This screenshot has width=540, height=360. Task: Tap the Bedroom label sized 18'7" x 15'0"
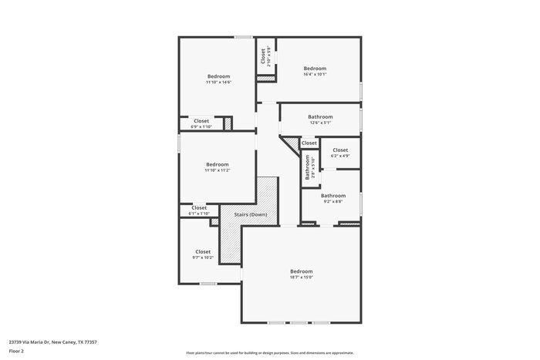[x=301, y=271]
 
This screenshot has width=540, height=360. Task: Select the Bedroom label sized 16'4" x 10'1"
[x=315, y=68]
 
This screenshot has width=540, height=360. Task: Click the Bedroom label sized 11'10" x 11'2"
[x=217, y=163]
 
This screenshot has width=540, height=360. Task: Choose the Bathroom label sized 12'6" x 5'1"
[x=320, y=116]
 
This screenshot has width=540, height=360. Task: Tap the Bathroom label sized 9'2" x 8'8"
[x=333, y=196]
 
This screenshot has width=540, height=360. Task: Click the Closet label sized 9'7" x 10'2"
[x=203, y=251]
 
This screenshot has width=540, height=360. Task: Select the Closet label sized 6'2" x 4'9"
[x=340, y=150]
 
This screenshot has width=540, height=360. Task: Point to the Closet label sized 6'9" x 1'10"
[x=201, y=120]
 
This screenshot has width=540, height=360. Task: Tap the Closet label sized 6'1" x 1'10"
[x=199, y=207]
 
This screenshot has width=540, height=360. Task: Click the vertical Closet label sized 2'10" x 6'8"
[x=263, y=56]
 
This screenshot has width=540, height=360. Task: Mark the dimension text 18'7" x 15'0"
[x=301, y=278]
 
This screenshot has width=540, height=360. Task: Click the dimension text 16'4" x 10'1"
[x=315, y=75]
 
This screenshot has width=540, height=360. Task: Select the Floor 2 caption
[x=17, y=351]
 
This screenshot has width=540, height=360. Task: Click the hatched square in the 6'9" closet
[x=228, y=123]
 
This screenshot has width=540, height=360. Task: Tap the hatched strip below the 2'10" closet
[x=267, y=77]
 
